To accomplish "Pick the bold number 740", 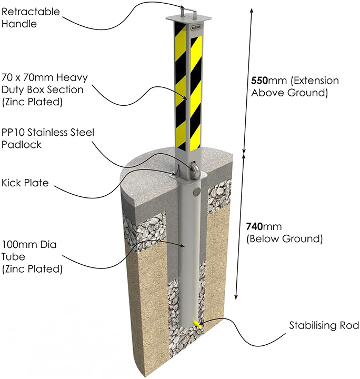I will pos(256,226).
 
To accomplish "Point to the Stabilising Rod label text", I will pos(324,326).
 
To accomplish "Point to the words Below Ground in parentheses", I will pos(284,238).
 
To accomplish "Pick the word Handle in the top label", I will pos(19,23).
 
